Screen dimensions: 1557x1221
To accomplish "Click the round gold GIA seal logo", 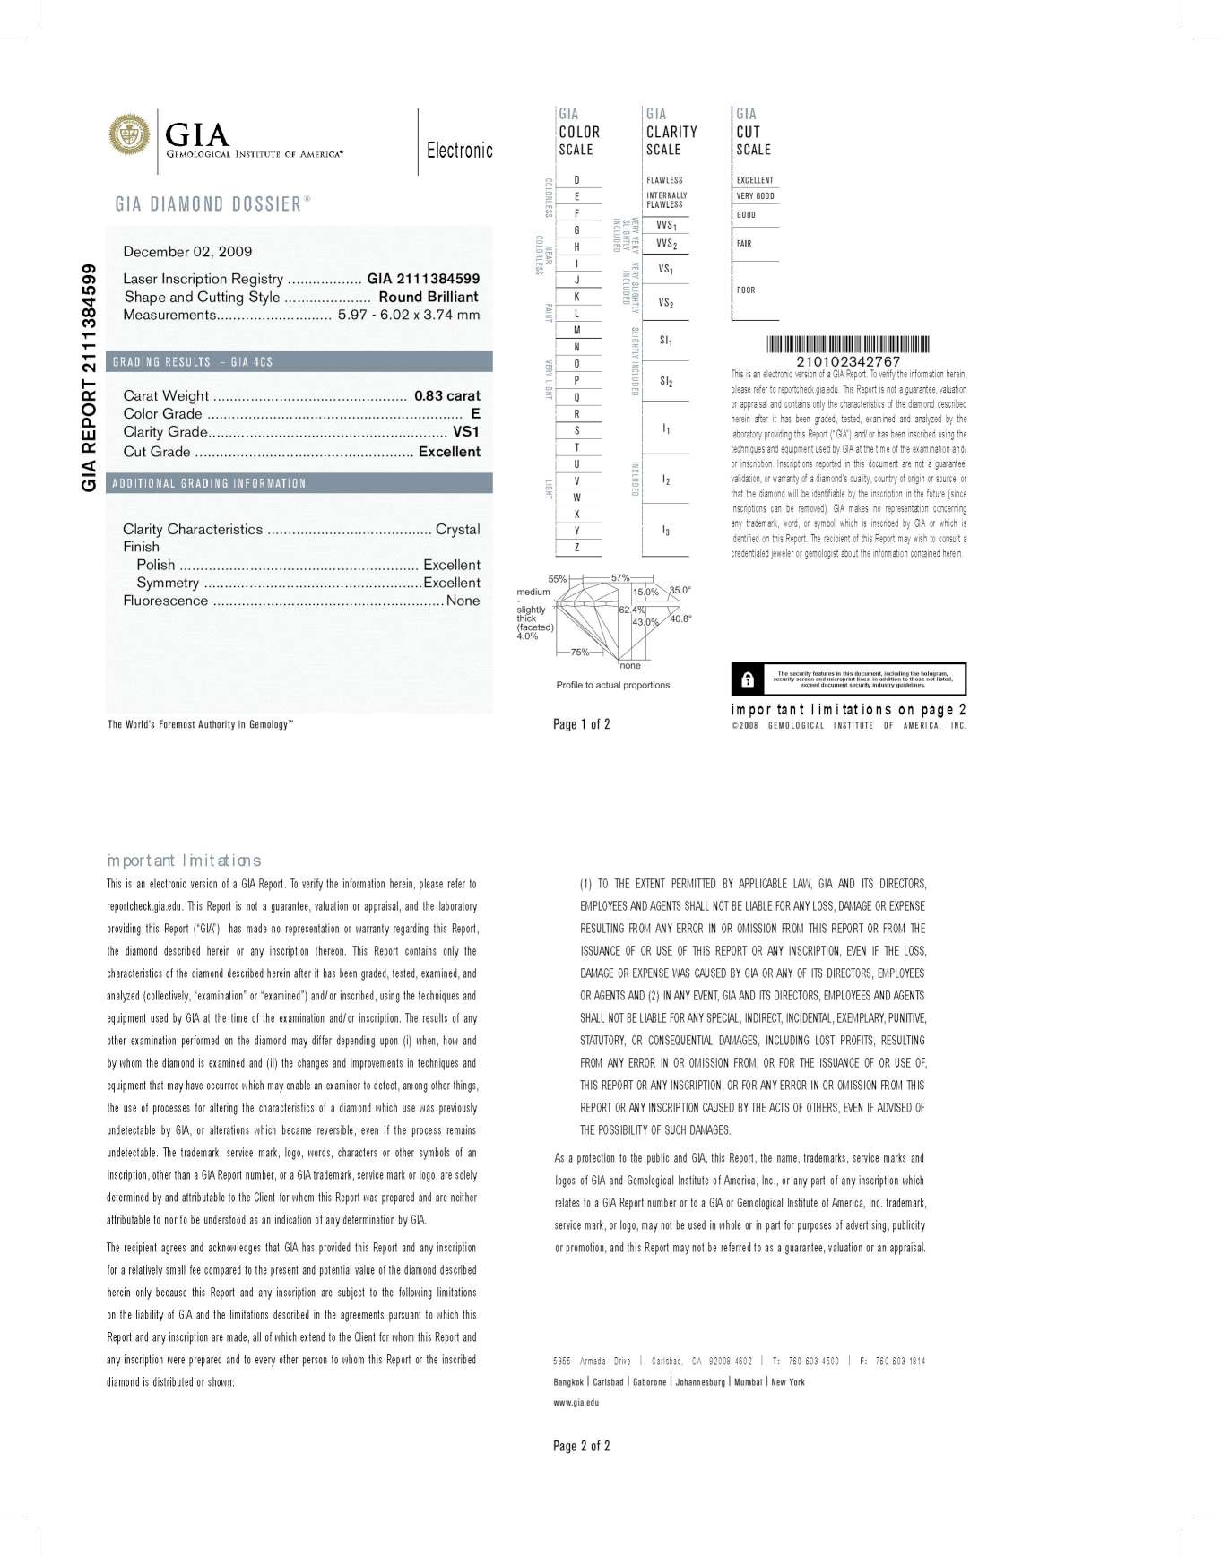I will click(130, 134).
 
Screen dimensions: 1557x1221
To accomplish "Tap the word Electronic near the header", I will click(459, 150).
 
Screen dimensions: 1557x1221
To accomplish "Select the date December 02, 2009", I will click(187, 252).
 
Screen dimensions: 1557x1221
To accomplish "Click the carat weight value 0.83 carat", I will click(446, 395).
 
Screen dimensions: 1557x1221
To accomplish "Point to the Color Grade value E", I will click(475, 413).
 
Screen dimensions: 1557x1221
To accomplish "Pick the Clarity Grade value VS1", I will click(466, 432).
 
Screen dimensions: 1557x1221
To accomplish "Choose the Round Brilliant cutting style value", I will click(428, 297).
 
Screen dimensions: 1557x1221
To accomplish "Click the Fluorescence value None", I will click(463, 601).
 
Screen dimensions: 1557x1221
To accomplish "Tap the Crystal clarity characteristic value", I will click(457, 529).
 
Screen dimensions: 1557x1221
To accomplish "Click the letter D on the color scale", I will click(576, 180).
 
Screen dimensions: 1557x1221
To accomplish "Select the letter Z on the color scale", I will click(576, 547).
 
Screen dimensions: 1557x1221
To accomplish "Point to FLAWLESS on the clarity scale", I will click(664, 180).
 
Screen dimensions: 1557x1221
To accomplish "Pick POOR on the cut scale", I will click(746, 290).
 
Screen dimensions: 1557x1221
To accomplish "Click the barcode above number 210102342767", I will click(847, 344).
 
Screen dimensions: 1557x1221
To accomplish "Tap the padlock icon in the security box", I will click(748, 679).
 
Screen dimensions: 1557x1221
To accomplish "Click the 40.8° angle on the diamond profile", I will click(680, 618).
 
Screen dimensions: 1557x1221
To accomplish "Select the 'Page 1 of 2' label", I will click(581, 724).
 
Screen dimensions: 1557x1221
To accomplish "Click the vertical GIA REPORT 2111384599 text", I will click(89, 377).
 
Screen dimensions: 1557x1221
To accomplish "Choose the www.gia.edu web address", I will click(576, 1402).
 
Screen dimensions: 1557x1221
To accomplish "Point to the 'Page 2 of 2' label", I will click(581, 1446).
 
